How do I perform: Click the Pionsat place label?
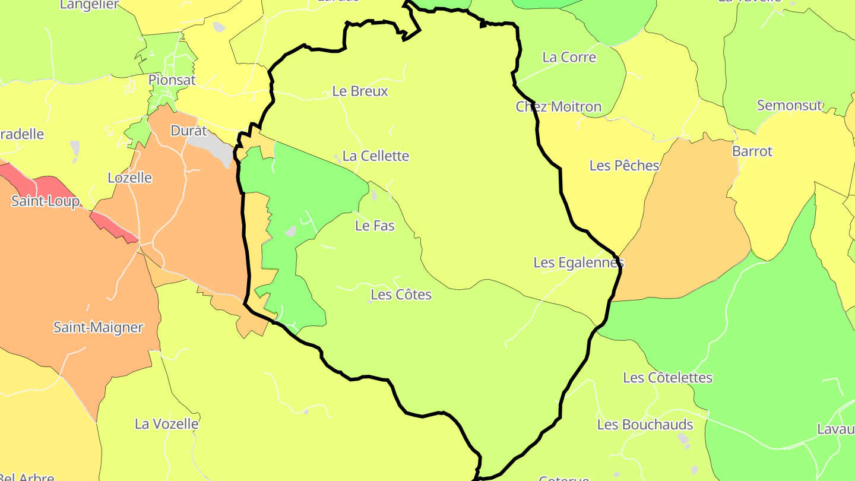(x=172, y=80)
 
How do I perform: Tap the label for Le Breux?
(x=360, y=91)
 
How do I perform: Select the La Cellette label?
(x=376, y=156)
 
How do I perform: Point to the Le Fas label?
(x=375, y=226)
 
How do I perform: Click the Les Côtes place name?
(x=401, y=295)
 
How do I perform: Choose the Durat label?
(x=189, y=131)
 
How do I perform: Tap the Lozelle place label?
(x=129, y=178)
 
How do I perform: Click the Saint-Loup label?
(x=45, y=201)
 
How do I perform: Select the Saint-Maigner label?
(x=99, y=327)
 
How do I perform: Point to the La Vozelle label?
(x=166, y=424)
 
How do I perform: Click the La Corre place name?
(x=569, y=58)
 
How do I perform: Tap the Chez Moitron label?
(x=558, y=107)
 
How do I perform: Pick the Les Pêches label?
(x=624, y=166)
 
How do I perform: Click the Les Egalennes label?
(x=578, y=262)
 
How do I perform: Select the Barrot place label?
(x=752, y=151)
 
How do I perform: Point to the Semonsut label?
(x=789, y=106)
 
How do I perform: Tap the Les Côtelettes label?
(x=667, y=378)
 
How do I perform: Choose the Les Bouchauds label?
(x=645, y=425)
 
